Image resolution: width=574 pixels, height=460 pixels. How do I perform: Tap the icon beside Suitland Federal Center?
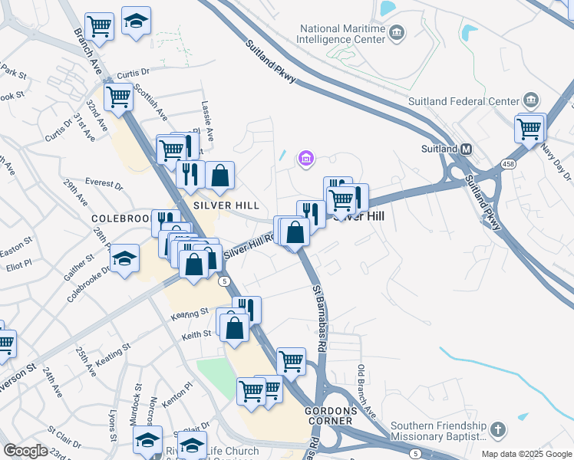(x=531, y=100)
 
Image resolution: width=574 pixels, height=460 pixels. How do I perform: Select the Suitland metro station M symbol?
(x=465, y=149)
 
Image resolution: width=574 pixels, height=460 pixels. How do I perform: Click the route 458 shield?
(x=508, y=163)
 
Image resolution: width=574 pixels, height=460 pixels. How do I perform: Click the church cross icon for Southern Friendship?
(x=497, y=429)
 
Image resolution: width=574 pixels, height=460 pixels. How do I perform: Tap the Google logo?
(x=25, y=451)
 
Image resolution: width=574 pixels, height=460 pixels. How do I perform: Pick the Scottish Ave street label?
(x=151, y=101)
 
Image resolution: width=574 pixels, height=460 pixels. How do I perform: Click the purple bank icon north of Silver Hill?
(x=305, y=159)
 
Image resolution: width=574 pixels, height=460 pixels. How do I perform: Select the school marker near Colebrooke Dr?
(x=124, y=259)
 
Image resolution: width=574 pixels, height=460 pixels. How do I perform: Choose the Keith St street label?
(x=196, y=334)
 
